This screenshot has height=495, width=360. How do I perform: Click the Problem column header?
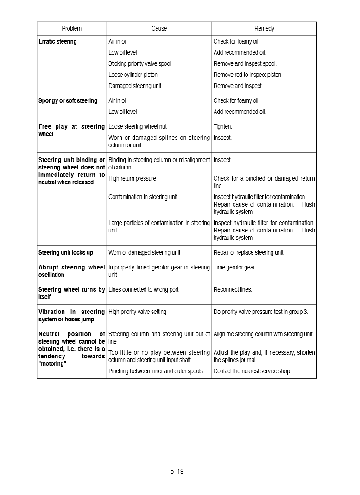pyautogui.click(x=71, y=29)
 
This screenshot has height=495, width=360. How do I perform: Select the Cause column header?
pyautogui.click(x=159, y=29)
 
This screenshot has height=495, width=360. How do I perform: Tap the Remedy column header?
pyautogui.click(x=264, y=29)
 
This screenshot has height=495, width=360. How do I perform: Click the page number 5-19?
pyautogui.click(x=177, y=471)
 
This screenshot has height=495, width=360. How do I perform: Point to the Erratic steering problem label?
pyautogui.click(x=57, y=42)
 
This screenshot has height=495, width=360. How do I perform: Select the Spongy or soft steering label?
pyautogui.click(x=68, y=101)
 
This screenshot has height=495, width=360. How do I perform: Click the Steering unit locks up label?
pyautogui.click(x=65, y=253)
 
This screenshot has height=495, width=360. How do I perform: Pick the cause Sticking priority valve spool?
pyautogui.click(x=139, y=64)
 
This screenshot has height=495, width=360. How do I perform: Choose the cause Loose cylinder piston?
pyautogui.click(x=133, y=75)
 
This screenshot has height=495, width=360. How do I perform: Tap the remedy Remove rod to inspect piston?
pyautogui.click(x=247, y=75)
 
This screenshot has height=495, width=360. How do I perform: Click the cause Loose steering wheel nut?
pyautogui.click(x=137, y=127)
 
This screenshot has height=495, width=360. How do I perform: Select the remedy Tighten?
pyautogui.click(x=222, y=127)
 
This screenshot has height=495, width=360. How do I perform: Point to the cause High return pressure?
pyautogui.click(x=132, y=179)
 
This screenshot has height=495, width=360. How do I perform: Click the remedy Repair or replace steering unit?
pyautogui.click(x=249, y=253)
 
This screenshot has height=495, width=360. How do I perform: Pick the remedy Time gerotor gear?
pyautogui.click(x=234, y=268)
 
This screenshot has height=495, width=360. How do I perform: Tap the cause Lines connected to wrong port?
pyautogui.click(x=143, y=290)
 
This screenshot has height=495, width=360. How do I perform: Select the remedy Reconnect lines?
pyautogui.click(x=233, y=290)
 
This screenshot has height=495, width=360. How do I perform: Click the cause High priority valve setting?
pyautogui.click(x=137, y=312)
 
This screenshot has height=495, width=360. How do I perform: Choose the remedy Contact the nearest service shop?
pyautogui.click(x=252, y=371)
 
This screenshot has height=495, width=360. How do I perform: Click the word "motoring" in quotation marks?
pyautogui.click(x=52, y=364)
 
